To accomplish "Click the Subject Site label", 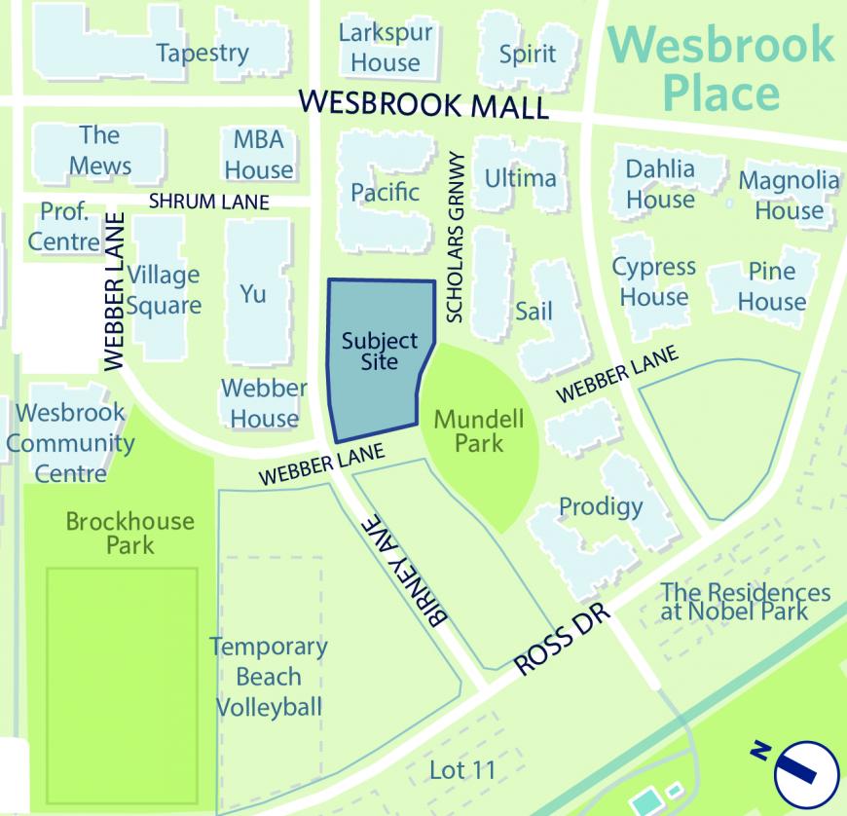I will (x=379, y=352).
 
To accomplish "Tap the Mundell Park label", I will (x=478, y=431).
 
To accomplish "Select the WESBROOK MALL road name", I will (x=424, y=104).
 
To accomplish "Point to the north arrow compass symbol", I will (x=805, y=771).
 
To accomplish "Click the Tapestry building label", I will (x=203, y=53).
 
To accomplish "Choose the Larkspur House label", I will (x=386, y=48).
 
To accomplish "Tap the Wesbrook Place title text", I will (x=722, y=69).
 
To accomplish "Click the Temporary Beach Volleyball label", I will (x=269, y=677).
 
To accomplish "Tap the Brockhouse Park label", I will (x=130, y=533).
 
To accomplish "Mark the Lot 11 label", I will (x=462, y=770).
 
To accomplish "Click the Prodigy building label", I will (x=601, y=506).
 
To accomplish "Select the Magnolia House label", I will (x=788, y=195).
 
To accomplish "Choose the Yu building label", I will (x=253, y=293).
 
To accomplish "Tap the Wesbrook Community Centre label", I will (x=70, y=443).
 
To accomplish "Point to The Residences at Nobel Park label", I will (x=746, y=602).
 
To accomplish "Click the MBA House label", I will (x=258, y=155).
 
